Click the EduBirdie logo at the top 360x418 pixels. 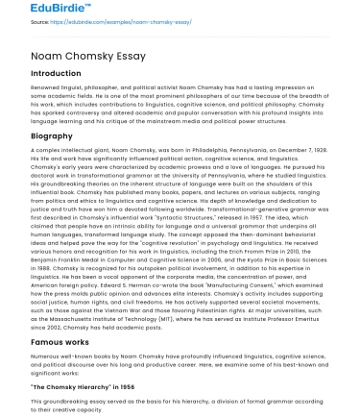[36, 10]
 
